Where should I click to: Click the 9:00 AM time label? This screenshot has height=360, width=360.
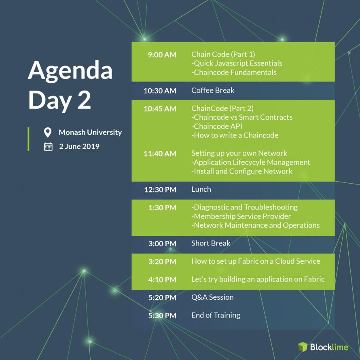pos(162,55)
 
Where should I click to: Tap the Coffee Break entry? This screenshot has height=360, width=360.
pos(213,90)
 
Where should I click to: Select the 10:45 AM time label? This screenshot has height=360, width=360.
pos(160,108)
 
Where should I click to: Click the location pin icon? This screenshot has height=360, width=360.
pos(47,133)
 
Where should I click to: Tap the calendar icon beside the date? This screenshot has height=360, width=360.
pos(48,146)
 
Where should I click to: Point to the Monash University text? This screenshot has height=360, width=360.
pos(90,132)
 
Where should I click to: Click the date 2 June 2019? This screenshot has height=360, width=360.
pos(79,146)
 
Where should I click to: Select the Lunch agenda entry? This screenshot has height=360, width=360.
pos(201,189)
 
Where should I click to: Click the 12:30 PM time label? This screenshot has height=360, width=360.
pos(160,190)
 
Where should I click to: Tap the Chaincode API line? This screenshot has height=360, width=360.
pos(217,126)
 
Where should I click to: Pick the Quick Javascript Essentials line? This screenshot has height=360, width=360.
pos(237,64)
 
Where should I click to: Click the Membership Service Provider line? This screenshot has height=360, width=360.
pos(241,216)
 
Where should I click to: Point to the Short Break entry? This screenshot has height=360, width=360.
pos(211,243)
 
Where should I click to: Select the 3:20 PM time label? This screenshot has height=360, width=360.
pos(162,262)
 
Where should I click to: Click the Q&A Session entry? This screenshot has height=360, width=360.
pos(212,297)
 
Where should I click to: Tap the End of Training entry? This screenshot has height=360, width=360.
pos(216,315)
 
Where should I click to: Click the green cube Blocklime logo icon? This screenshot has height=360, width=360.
pos(303,347)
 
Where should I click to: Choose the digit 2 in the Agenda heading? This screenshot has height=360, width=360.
pos(84,100)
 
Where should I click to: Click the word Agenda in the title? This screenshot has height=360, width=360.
pos(70,70)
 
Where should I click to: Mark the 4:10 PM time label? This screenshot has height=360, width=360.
pos(162,280)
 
